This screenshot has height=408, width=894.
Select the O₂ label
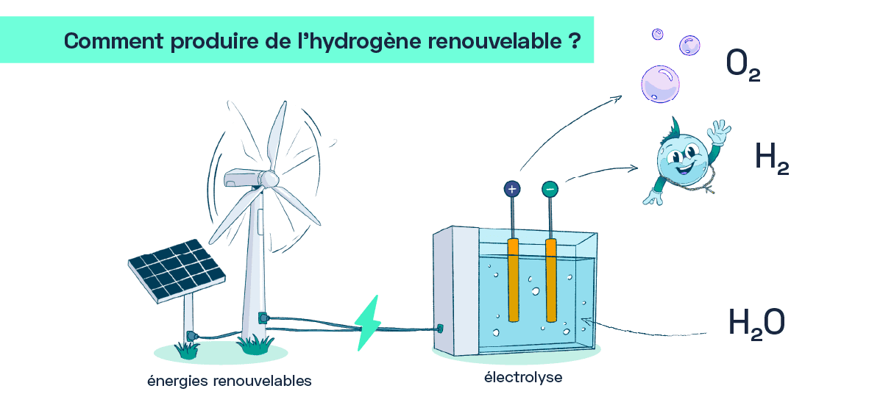[x=743, y=65]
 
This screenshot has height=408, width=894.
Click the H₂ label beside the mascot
[x=771, y=158]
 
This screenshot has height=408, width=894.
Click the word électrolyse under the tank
[x=523, y=377]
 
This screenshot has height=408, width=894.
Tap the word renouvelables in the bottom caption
[x=262, y=381]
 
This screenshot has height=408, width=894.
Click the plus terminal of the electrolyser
[x=512, y=189]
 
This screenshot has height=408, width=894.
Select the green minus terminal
[x=550, y=189]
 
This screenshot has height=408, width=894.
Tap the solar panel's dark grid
[x=177, y=269]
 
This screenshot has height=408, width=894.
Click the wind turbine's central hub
[x=270, y=179]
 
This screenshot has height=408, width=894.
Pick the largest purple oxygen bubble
[x=660, y=84]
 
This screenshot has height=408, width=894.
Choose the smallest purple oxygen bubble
[x=657, y=35]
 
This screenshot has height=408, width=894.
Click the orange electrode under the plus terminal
[x=514, y=280]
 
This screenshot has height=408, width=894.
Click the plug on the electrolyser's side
[x=440, y=329]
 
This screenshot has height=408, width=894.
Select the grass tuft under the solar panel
[x=187, y=351]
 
